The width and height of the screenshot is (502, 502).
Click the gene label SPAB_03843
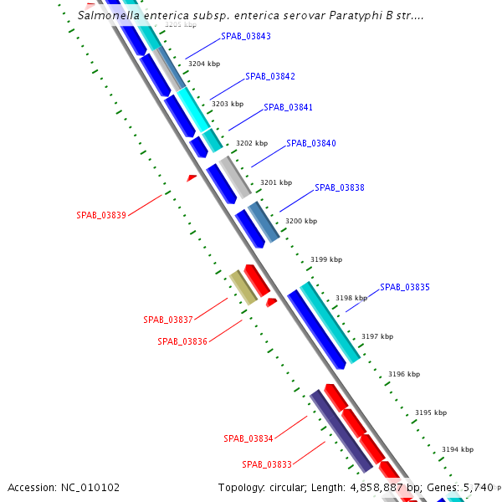pos(246,37)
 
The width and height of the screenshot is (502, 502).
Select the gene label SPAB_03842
pos(269,76)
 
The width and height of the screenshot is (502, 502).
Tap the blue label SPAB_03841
pos(288,107)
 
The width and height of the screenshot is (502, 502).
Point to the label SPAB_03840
pos(310,143)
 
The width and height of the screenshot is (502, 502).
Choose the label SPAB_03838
pos(339,187)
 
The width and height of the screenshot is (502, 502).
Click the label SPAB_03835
pos(405,287)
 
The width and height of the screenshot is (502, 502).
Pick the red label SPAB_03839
pos(101,215)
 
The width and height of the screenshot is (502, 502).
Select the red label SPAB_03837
pos(168,320)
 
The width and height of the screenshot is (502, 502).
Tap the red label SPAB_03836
pos(182,341)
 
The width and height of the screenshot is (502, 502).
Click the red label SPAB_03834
pos(248,438)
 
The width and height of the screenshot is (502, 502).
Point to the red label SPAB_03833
pos(267,464)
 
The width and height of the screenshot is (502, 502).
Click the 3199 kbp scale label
pos(325,259)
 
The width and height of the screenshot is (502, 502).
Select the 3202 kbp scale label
pos(251,143)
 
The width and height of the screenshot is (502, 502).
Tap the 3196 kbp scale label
pos(403,374)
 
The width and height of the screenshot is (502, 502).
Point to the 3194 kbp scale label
pos(457,449)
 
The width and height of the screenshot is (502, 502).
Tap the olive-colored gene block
pos(243,287)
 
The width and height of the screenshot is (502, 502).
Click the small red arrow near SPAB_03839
pos(192,177)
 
